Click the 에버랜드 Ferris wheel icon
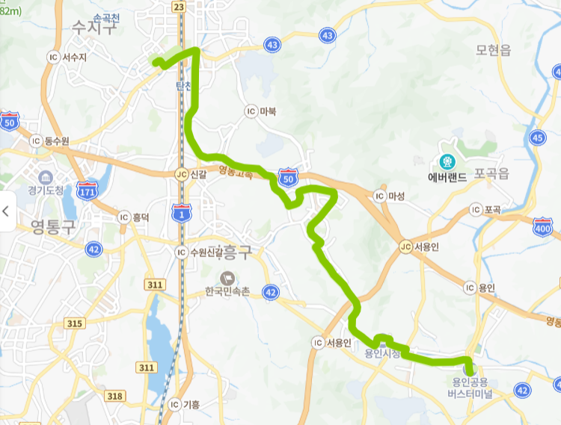click(x=447, y=161)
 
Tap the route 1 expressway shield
click(x=181, y=211)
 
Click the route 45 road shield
click(x=537, y=137)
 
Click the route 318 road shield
click(x=115, y=396)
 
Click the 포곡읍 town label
click(x=491, y=174)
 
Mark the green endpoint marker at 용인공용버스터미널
click(x=469, y=367)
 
